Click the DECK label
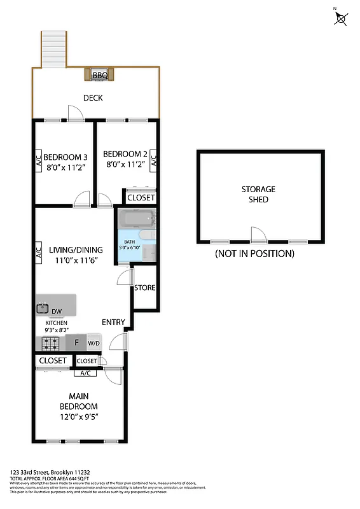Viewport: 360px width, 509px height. point(93,98)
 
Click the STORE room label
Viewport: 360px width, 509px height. point(144,288)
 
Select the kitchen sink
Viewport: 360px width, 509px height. point(43,309)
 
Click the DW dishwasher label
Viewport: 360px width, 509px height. point(57,311)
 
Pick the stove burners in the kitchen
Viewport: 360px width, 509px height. point(50,344)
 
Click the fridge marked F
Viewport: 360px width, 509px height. point(76,343)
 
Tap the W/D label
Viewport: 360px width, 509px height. point(93,344)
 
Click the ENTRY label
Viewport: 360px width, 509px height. point(113,322)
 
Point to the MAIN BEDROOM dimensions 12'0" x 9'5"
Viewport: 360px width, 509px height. point(78,417)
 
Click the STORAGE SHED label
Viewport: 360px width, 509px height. point(258,194)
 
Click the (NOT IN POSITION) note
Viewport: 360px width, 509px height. point(254,253)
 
